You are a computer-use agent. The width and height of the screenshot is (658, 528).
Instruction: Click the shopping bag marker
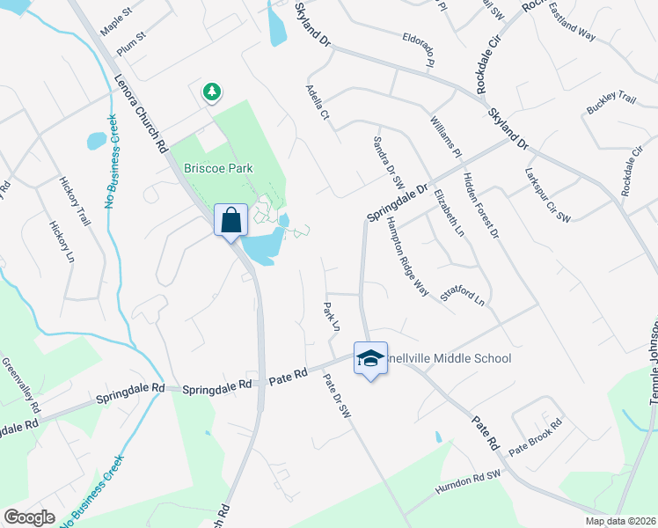click(230, 220)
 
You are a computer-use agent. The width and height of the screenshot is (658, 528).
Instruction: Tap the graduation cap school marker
click(370, 357)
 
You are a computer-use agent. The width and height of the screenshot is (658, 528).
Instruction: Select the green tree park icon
click(211, 91)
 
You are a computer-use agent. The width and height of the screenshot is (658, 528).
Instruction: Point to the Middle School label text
click(449, 358)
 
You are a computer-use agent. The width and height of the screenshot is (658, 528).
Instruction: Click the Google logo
click(29, 517)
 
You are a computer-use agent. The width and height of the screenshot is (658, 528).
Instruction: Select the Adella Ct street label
click(317, 102)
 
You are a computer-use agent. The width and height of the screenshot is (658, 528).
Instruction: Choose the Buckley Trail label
click(610, 104)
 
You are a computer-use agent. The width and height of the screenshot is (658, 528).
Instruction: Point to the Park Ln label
click(331, 318)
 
